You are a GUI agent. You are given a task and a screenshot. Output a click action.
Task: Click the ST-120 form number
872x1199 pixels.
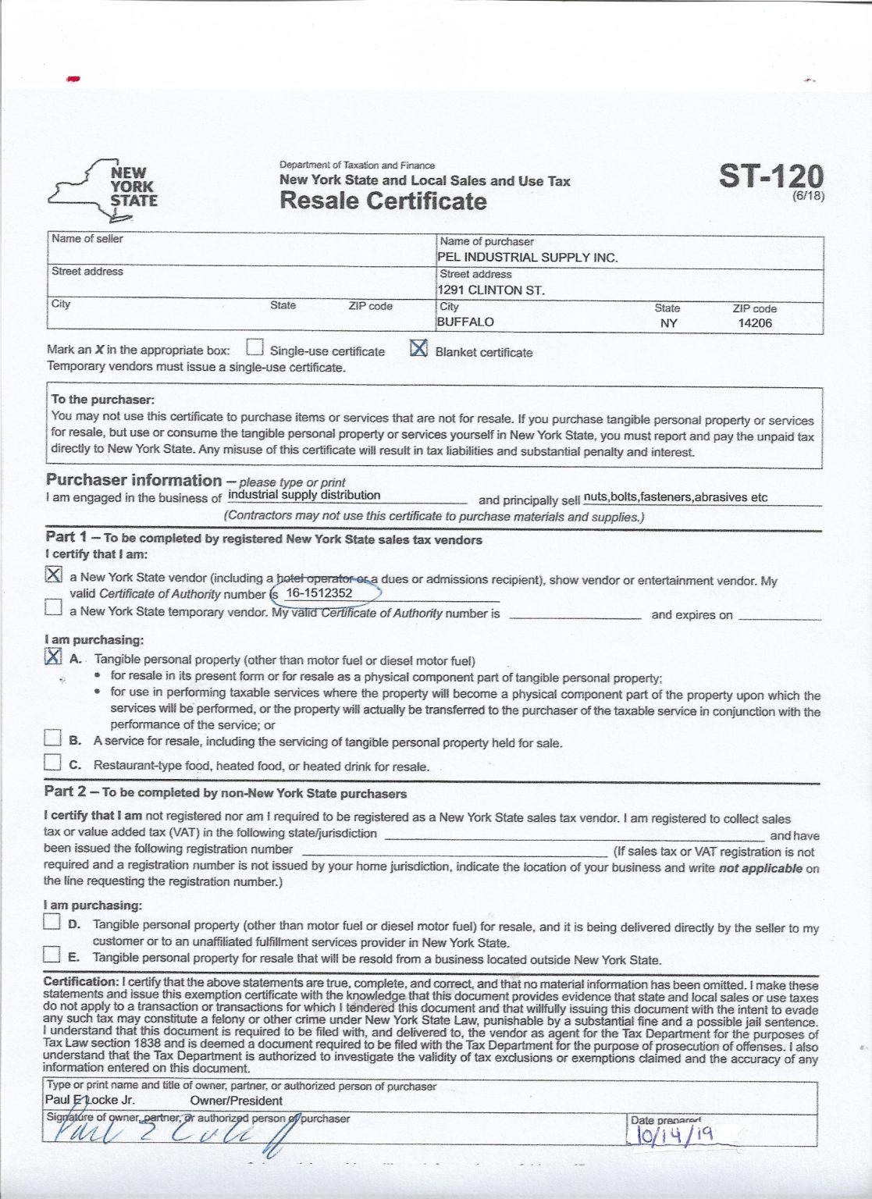pyautogui.click(x=770, y=177)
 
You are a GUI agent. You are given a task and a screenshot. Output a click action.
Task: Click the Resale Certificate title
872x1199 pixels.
pyautogui.click(x=383, y=201)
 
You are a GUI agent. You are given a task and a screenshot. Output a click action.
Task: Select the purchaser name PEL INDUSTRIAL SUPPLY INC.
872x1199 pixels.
pyautogui.click(x=528, y=258)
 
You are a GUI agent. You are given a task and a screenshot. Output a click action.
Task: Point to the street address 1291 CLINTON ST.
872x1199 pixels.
pyautogui.click(x=491, y=290)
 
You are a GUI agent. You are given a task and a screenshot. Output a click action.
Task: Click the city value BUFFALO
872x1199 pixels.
pyautogui.click(x=465, y=322)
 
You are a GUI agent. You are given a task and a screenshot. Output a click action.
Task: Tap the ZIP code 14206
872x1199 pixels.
pyautogui.click(x=754, y=322)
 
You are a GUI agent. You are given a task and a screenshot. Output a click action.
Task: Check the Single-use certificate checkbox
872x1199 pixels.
pyautogui.click(x=254, y=347)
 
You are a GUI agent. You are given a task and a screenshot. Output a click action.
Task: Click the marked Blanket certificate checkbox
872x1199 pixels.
pyautogui.click(x=418, y=348)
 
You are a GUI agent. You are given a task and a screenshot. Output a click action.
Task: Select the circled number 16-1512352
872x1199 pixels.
pyautogui.click(x=320, y=593)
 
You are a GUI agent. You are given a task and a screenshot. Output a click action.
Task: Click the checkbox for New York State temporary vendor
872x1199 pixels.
pyautogui.click(x=53, y=607)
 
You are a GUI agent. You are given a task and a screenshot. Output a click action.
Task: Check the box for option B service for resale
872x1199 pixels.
pyautogui.click(x=52, y=738)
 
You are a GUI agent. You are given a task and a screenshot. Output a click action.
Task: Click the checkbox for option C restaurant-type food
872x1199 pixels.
pyautogui.click(x=52, y=762)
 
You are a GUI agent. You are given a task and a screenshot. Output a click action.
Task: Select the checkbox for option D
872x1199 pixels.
pyautogui.click(x=52, y=922)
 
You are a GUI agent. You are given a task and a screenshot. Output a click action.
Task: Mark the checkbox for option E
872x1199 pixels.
pyautogui.click(x=52, y=955)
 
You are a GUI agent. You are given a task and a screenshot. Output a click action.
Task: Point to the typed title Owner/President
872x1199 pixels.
pyautogui.click(x=236, y=1101)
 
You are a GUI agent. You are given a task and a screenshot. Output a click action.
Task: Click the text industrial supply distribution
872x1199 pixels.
pyautogui.click(x=304, y=495)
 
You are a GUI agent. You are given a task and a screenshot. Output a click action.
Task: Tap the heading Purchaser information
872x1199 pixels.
pyautogui.click(x=133, y=480)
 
